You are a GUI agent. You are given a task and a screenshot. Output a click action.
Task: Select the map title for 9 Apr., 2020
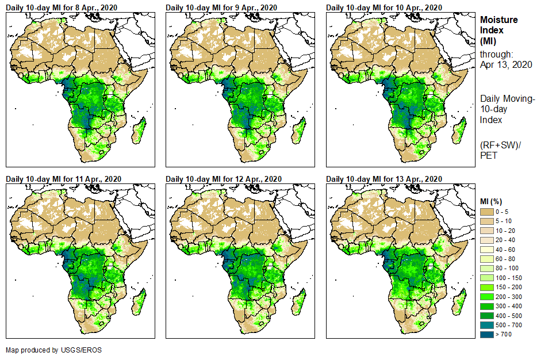click(x=221, y=7)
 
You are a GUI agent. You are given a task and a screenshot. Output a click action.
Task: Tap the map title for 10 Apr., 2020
click(x=384, y=7)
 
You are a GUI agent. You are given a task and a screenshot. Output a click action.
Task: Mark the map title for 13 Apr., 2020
click(x=384, y=179)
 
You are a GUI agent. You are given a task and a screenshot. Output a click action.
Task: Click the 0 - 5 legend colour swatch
click(x=488, y=212)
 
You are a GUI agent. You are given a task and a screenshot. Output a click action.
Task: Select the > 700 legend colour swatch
click(x=488, y=334)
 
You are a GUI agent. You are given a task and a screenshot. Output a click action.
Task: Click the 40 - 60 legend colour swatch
click(x=488, y=250)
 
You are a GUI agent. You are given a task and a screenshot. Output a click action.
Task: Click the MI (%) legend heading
click(x=494, y=201)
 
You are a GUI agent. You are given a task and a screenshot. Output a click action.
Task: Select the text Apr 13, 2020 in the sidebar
click(x=506, y=64)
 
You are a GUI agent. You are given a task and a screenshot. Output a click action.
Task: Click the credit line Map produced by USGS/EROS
click(x=49, y=350)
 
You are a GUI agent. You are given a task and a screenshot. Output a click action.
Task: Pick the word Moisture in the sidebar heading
click(x=499, y=20)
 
